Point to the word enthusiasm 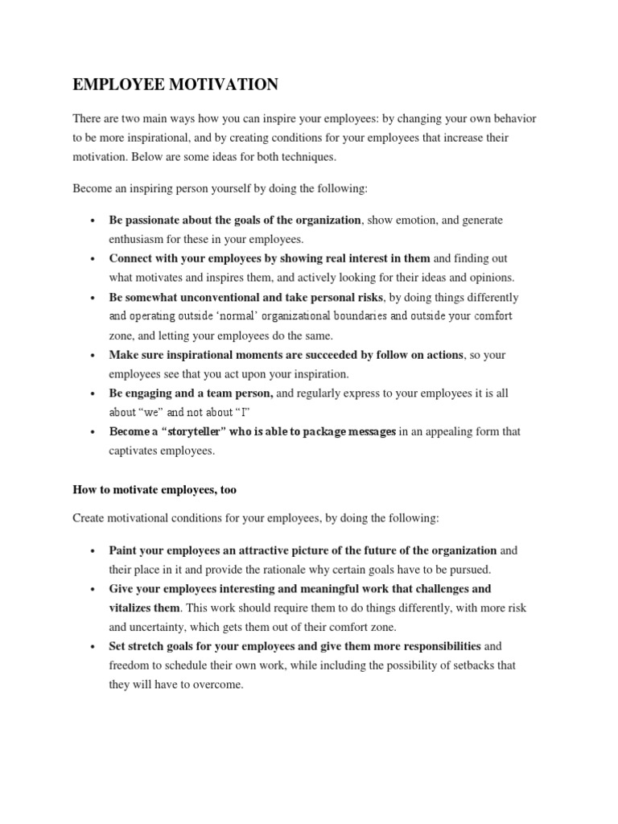[142, 239]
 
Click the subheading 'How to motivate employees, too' [154, 489]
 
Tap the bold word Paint [124, 551]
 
